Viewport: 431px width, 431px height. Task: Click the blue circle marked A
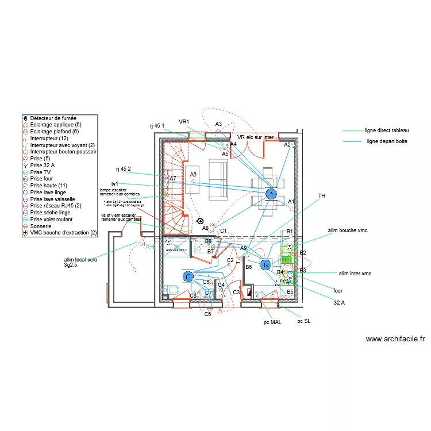pyautogui.click(x=271, y=194)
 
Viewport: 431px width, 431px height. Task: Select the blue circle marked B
pyautogui.click(x=265, y=265)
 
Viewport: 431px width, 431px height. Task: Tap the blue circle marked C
pyautogui.click(x=188, y=277)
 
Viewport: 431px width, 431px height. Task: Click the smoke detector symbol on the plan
pyautogui.click(x=200, y=221)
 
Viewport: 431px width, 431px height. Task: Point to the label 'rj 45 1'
pyautogui.click(x=157, y=125)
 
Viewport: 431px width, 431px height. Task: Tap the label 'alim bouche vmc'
pyautogui.click(x=347, y=230)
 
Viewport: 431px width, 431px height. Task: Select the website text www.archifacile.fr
pyautogui.click(x=395, y=339)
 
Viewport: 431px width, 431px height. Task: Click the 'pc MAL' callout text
pyautogui.click(x=273, y=323)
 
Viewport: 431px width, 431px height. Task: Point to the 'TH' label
pyautogui.click(x=322, y=196)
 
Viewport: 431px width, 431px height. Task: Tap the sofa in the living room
pyautogui.click(x=217, y=180)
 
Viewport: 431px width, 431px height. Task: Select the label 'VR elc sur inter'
pyautogui.click(x=256, y=137)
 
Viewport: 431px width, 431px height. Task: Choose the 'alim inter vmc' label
pyautogui.click(x=355, y=274)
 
